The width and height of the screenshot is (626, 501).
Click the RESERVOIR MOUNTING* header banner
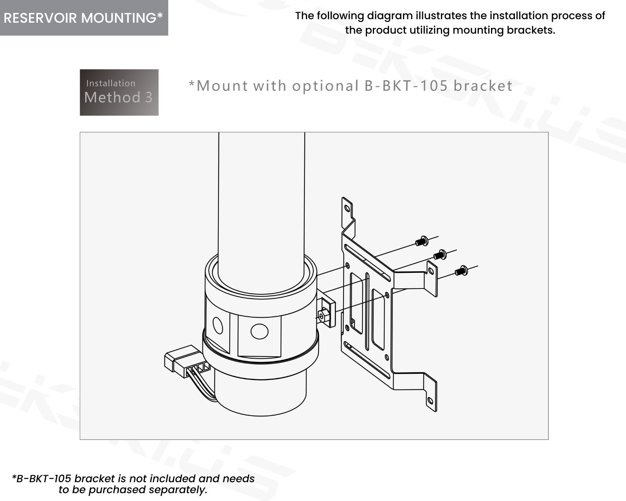pyautogui.click(x=84, y=18)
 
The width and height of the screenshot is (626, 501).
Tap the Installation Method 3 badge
pyautogui.click(x=119, y=92)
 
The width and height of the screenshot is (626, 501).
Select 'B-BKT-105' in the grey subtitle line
pyautogui.click(x=406, y=86)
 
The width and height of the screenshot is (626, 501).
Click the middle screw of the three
pyautogui.click(x=440, y=255)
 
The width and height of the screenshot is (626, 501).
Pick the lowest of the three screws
pyautogui.click(x=461, y=270)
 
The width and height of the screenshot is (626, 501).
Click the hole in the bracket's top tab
pyautogui.click(x=346, y=208)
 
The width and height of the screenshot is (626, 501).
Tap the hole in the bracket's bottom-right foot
pyautogui.click(x=430, y=400)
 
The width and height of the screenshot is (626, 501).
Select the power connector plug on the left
pyautogui.click(x=182, y=360)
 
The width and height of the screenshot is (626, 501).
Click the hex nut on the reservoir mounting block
pyautogui.click(x=322, y=316)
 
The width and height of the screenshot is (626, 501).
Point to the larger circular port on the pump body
pyautogui.click(x=259, y=331)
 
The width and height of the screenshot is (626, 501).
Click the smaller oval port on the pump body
pyautogui.click(x=218, y=325)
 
